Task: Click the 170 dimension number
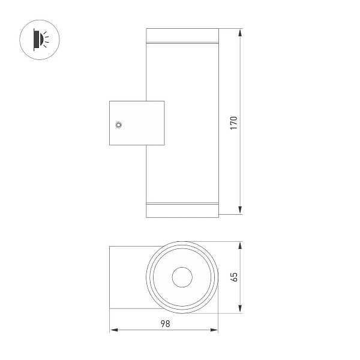pyautogui.click(x=233, y=123)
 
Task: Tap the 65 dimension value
pyautogui.click(x=233, y=277)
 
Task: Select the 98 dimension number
pyautogui.click(x=166, y=324)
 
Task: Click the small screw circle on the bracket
pyautogui.click(x=118, y=125)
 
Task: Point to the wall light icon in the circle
pyautogui.click(x=41, y=40)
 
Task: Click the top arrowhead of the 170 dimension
pyautogui.click(x=240, y=32)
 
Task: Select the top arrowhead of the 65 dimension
pyautogui.click(x=240, y=245)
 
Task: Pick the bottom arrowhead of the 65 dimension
pyautogui.click(x=240, y=309)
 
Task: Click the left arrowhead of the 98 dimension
pyautogui.click(x=114, y=330)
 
